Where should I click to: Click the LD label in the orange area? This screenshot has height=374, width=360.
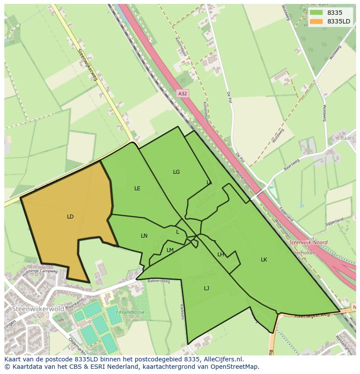(70, 217)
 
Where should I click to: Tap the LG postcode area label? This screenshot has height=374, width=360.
(176, 172)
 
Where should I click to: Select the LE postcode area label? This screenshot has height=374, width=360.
(137, 189)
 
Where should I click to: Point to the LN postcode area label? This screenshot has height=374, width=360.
(144, 236)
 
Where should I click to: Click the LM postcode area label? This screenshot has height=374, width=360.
(170, 250)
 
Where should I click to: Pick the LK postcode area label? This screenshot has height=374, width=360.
(264, 260)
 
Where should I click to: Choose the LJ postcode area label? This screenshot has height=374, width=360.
(207, 288)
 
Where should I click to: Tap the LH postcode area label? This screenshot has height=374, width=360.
(220, 255)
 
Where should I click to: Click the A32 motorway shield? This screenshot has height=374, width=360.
(183, 93)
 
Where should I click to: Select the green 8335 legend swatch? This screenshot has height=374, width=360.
(317, 13)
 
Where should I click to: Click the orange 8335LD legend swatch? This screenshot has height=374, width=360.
(317, 21)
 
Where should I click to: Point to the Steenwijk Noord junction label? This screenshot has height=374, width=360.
(308, 242)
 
